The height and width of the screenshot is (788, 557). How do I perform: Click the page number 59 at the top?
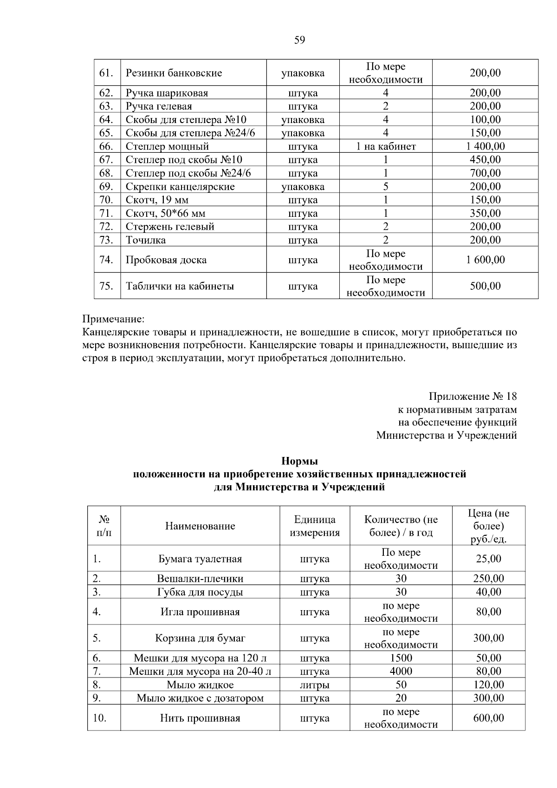[299, 40]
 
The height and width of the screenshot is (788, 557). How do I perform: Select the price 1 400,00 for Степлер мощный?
[485, 147]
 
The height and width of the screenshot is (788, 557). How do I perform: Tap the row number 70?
[106, 200]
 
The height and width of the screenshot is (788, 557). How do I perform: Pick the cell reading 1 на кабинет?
[386, 147]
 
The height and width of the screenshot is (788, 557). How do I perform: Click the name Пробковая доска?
[166, 260]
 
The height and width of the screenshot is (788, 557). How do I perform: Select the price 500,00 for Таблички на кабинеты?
[485, 286]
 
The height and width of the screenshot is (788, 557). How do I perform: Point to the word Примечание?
[114, 319]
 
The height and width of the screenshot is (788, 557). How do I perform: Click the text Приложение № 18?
[473, 397]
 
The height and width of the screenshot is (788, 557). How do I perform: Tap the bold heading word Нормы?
[299, 462]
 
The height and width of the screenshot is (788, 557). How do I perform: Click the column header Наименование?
[200, 526]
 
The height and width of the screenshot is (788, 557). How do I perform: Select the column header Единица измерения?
[315, 526]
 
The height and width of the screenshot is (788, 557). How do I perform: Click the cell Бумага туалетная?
[200, 559]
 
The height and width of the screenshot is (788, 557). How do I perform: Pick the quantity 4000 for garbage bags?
[401, 671]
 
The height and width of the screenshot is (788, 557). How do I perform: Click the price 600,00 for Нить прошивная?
[488, 718]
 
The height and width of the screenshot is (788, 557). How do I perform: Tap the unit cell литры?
[315, 685]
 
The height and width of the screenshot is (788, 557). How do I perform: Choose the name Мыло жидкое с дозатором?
[200, 698]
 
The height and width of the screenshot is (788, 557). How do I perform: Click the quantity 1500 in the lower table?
[401, 658]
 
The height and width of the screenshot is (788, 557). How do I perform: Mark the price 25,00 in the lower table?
[488, 559]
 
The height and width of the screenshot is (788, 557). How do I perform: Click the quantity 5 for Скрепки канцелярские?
[386, 187]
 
